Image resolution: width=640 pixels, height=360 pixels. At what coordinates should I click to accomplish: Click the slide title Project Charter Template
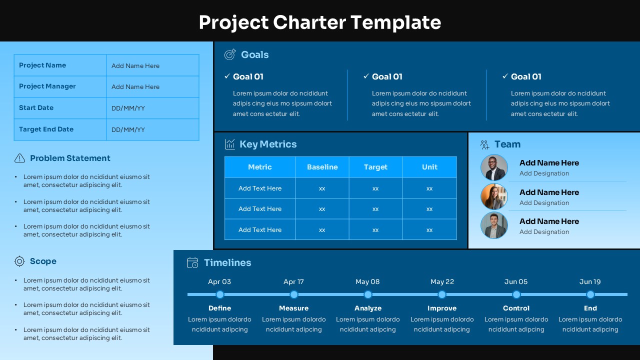coord(319,22)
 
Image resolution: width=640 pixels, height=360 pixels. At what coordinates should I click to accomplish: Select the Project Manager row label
coord(47,86)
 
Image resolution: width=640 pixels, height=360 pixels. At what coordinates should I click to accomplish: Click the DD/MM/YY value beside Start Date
coord(128,108)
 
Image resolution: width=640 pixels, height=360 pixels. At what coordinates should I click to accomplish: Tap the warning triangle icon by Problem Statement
coord(19,158)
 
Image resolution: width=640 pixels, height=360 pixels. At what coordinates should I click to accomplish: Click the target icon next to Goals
coord(230,55)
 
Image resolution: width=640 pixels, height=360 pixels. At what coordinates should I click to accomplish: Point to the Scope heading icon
coord(19,261)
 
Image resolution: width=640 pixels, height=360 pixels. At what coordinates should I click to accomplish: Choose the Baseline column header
coord(322,167)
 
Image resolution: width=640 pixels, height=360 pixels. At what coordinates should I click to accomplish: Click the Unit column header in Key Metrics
coord(429,167)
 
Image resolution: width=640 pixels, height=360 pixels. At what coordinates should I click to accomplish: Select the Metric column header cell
coord(259,167)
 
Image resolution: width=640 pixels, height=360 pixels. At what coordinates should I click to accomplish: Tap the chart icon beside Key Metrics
coord(230,144)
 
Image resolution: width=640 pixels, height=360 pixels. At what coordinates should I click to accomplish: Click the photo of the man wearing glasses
coord(494,167)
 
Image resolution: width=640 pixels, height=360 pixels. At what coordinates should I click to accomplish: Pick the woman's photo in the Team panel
coord(494,196)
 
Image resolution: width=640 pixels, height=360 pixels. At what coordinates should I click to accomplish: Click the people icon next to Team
coord(484,144)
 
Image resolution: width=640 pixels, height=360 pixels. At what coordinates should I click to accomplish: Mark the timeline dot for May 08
coord(368,294)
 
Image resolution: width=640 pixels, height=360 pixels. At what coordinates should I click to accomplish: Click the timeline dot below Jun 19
coord(590,294)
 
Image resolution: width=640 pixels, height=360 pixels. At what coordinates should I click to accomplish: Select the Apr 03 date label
coord(219,282)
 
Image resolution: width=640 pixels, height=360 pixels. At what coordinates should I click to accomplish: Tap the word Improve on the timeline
coord(442,308)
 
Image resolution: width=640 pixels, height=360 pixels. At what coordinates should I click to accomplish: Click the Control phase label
coord(516,308)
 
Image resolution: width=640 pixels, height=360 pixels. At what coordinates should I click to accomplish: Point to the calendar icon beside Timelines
coord(192,263)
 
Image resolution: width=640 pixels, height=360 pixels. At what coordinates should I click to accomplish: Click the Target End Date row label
coord(46,129)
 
